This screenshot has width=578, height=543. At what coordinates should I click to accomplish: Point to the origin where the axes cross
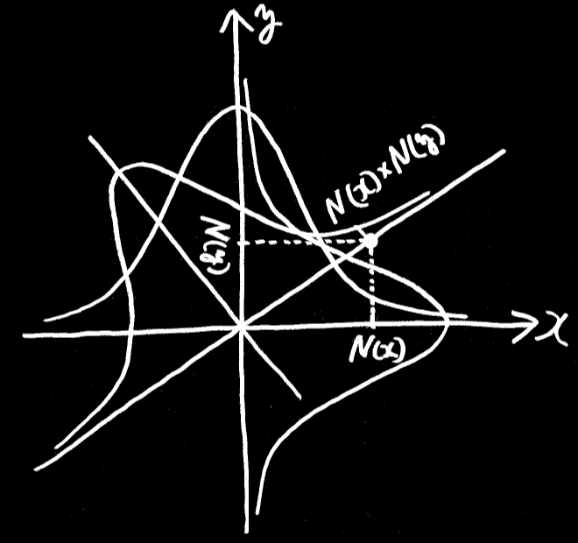240,328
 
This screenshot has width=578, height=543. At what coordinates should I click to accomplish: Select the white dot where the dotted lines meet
370,240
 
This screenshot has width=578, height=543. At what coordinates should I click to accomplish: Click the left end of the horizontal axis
25,335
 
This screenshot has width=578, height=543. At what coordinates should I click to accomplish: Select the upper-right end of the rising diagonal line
505,152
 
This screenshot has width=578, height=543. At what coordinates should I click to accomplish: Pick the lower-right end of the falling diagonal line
300,395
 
